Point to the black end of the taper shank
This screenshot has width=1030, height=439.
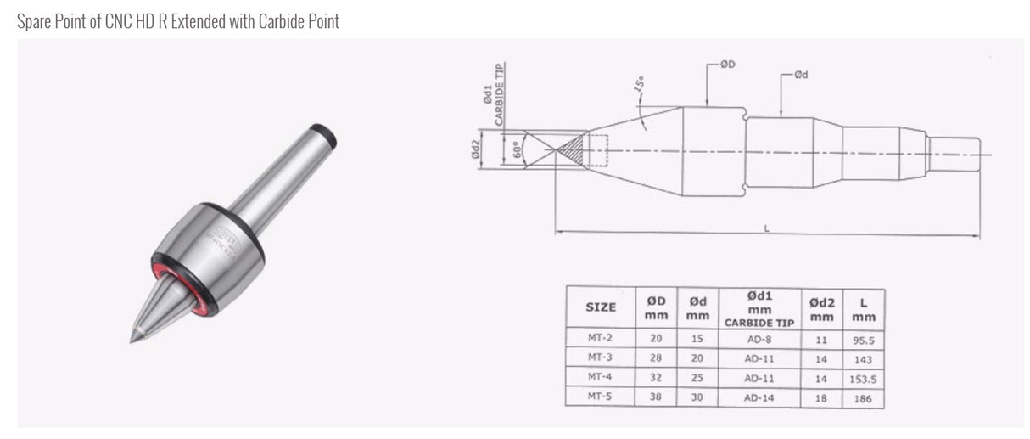324,136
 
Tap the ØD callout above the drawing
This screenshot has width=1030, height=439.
727,64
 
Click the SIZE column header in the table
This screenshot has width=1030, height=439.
601,307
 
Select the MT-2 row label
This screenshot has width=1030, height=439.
600,338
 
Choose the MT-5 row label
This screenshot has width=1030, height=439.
600,397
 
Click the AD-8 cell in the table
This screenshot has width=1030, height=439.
759,338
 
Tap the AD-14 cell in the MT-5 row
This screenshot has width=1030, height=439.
759,397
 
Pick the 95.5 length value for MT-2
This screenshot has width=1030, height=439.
863,339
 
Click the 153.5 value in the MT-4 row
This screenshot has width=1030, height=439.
863,378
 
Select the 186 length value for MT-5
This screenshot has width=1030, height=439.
863,397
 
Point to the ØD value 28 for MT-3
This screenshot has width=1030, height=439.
656,357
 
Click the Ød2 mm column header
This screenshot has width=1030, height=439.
821,307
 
